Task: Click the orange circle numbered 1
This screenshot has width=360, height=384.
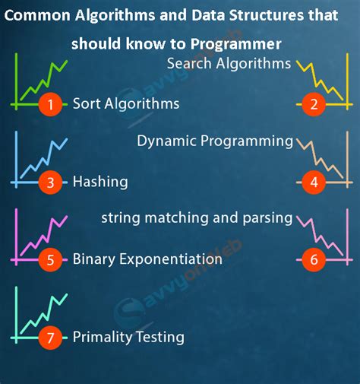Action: [x=50, y=104]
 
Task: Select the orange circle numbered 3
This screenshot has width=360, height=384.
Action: [x=50, y=182]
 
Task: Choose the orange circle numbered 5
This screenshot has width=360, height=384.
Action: [x=50, y=260]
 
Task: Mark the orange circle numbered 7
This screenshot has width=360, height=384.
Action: [x=50, y=336]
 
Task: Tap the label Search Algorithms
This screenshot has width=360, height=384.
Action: [x=228, y=64]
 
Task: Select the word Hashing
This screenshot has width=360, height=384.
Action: [x=100, y=182]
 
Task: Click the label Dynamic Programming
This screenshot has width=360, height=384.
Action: [x=215, y=141]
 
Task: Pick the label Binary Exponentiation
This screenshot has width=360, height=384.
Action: [x=147, y=259]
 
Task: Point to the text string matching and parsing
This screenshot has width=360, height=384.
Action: [x=197, y=218]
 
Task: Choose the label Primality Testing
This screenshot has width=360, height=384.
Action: [x=128, y=336]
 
